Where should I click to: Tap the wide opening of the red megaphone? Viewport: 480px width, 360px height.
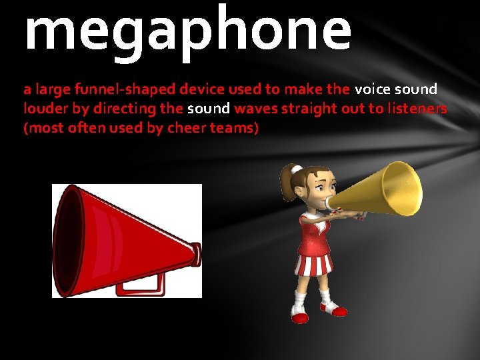point(72,241)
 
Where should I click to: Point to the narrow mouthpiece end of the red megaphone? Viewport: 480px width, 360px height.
point(195,251)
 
